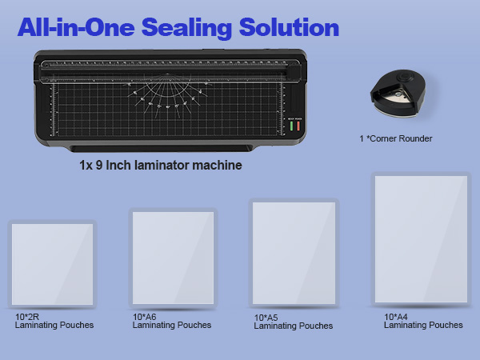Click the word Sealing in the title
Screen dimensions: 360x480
(204, 28)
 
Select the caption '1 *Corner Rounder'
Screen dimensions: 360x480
(395, 138)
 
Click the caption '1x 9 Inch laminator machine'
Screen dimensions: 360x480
(160, 166)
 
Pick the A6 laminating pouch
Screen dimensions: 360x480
(173, 258)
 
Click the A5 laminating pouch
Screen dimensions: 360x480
(293, 253)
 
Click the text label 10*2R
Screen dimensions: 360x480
(26, 317)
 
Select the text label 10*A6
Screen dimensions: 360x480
(145, 317)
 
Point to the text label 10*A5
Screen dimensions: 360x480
(266, 318)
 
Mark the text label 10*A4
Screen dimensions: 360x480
(396, 317)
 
